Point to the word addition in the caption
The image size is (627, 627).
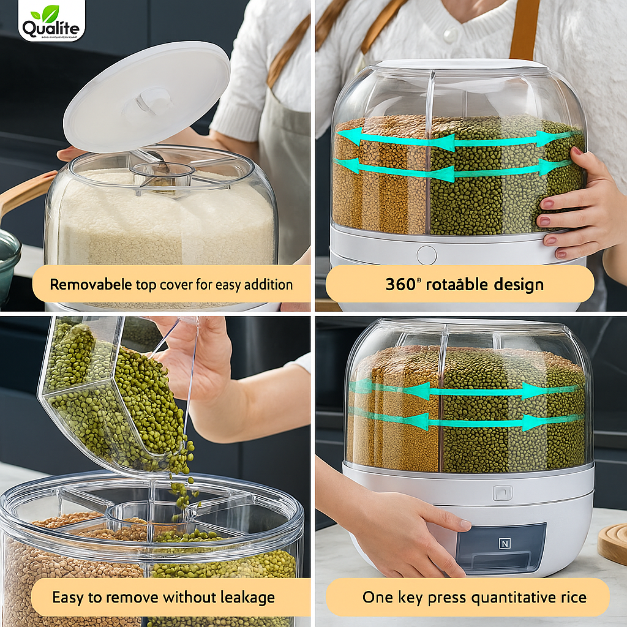click(268, 285)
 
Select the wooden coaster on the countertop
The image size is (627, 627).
click(612, 544)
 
